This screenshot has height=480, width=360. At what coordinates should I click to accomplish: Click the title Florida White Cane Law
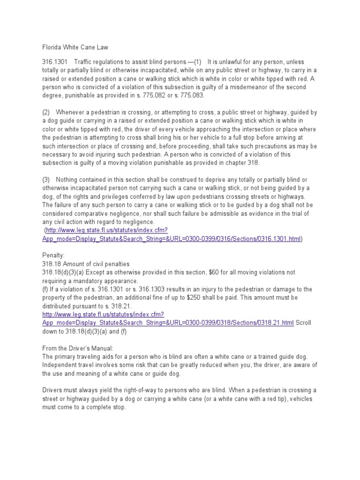click(75, 47)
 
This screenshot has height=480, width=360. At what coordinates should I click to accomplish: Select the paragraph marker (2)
click(46, 112)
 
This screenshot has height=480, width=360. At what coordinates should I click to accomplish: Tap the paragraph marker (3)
click(46, 180)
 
